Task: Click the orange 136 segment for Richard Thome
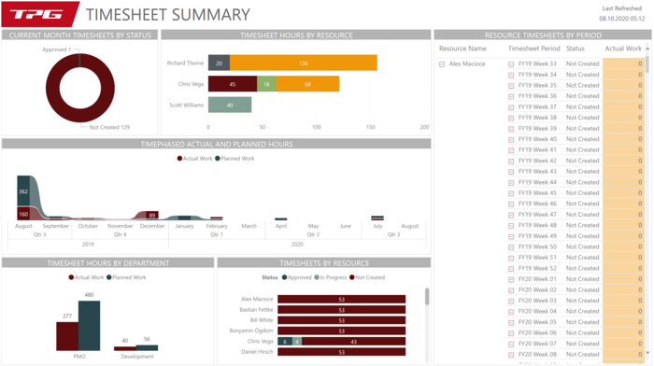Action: point(304,63)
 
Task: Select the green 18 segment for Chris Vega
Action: point(266,84)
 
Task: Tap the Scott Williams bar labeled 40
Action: point(230,106)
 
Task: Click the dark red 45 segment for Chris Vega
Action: point(232,84)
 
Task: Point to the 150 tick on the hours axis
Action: point(371,127)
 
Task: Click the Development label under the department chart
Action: point(136,357)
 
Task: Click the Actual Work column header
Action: point(622,49)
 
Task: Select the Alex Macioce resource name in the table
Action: point(467,64)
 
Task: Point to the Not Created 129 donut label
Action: point(109,127)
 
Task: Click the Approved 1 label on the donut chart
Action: point(56,49)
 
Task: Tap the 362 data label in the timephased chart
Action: point(23,191)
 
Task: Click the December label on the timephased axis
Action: point(152,226)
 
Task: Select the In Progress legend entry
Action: point(331,277)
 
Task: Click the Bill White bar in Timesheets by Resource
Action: point(341,320)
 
